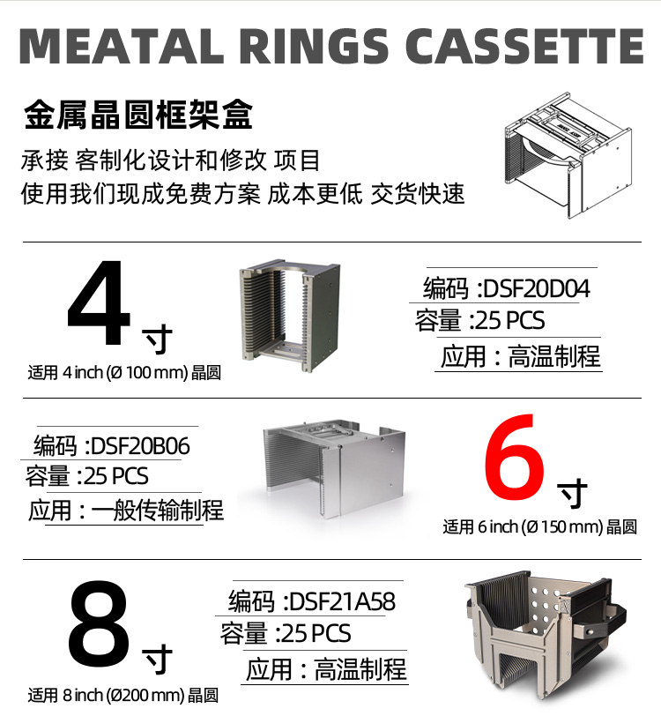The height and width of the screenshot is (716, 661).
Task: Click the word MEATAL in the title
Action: coord(121,46)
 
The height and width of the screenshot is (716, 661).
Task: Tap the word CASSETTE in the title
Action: coord(524,46)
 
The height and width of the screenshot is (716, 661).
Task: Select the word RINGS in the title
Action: coord(314,46)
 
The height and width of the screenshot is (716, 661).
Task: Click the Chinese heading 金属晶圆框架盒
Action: coord(138,114)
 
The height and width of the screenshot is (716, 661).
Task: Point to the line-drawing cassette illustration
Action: coord(568,155)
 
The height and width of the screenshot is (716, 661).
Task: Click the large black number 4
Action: coord(99,302)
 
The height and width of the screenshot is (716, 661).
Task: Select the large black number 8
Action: coord(99,623)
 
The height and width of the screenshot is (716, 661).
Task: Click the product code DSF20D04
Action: coord(537,289)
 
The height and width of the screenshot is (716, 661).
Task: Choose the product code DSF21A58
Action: coord(342,602)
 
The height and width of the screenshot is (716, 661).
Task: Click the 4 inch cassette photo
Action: coord(289,316)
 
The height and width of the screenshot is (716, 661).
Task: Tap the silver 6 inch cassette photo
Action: coord(334,468)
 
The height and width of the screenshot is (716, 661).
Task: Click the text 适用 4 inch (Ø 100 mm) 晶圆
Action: coord(124,373)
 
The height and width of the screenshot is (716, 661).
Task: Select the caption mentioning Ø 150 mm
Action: coord(539,527)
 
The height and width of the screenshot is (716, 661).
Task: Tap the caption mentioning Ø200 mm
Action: coord(123,696)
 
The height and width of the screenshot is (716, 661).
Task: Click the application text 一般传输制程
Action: coord(158,510)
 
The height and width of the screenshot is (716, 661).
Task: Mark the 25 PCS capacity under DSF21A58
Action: coord(316,634)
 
